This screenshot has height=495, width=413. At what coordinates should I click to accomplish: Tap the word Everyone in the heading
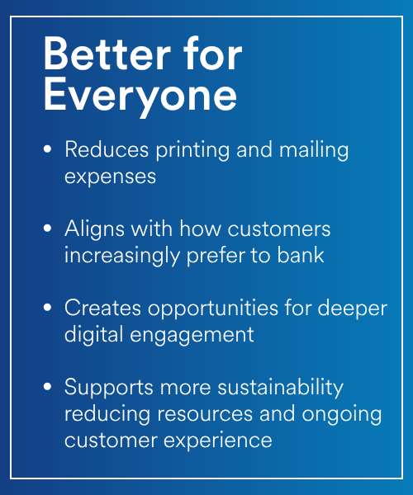(140, 96)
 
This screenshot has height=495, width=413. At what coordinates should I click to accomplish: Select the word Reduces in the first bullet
(107, 149)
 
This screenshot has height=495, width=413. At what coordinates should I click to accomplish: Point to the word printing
(192, 150)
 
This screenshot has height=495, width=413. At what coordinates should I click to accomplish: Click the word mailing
(314, 150)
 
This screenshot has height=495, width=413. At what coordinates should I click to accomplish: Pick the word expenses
(110, 177)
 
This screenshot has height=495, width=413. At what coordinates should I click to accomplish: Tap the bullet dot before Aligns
(47, 228)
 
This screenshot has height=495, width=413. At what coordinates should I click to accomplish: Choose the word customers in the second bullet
(279, 229)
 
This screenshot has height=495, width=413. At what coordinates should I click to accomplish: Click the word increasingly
(122, 256)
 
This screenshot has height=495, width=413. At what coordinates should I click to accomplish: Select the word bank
(301, 255)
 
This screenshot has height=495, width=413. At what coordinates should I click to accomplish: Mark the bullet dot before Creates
(47, 307)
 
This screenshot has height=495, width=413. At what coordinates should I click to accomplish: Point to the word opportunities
(213, 309)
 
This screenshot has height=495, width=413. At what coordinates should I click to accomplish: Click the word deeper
(353, 309)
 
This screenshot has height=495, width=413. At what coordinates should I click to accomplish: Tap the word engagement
(192, 335)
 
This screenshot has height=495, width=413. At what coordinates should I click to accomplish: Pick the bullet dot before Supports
(47, 386)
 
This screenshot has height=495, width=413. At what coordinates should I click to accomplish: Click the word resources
(205, 414)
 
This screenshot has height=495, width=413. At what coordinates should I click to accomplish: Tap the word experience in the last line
(217, 441)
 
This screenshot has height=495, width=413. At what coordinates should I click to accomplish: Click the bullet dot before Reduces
(47, 149)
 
